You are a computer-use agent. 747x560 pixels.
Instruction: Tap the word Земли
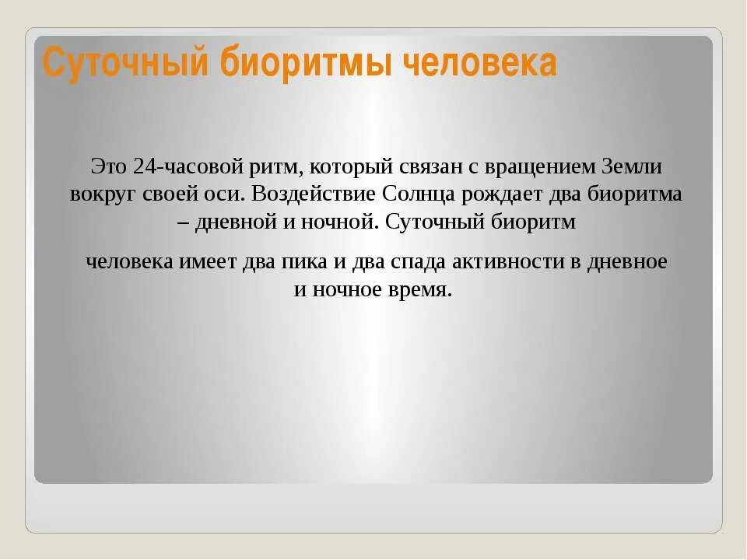[640, 166]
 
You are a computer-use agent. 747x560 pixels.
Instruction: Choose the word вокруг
[97, 194]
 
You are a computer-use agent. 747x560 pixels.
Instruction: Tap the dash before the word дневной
[183, 222]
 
